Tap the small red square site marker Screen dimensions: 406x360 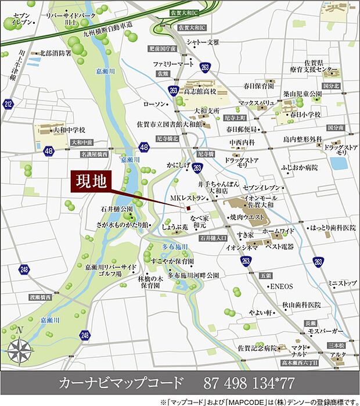click(188, 210)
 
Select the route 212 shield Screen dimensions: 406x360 click(8, 105)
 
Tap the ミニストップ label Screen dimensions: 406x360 click(342, 283)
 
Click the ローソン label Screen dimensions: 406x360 click(154, 104)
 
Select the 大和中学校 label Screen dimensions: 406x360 click(69, 130)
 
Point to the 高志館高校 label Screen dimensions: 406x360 click(200, 91)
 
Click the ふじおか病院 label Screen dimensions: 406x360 click(300, 167)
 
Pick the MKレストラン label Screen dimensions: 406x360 click(188, 199)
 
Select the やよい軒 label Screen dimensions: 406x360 click(261, 312)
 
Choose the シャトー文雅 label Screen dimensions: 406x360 click(203, 42)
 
